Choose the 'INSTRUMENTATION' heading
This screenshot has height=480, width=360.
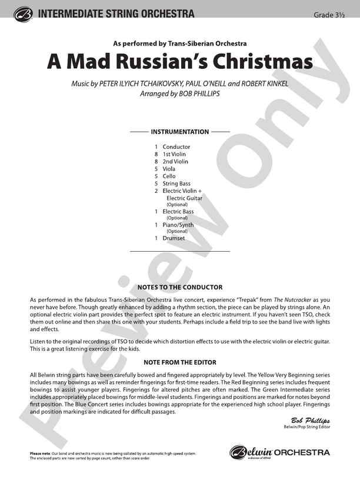pos(179,132)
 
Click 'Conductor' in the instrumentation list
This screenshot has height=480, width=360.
pos(176,146)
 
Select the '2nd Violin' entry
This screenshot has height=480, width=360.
pos(175,161)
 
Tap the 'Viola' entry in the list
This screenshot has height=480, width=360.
pos(169,169)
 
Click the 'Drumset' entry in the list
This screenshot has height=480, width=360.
pos(174,238)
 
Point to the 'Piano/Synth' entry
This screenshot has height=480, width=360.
pos(178,225)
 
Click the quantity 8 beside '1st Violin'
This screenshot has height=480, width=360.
pos(156,154)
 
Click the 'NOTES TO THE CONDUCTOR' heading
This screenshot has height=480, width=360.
pos(179,287)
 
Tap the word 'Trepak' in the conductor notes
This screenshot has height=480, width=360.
pos(234,299)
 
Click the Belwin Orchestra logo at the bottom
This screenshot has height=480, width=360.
pos(279,453)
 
